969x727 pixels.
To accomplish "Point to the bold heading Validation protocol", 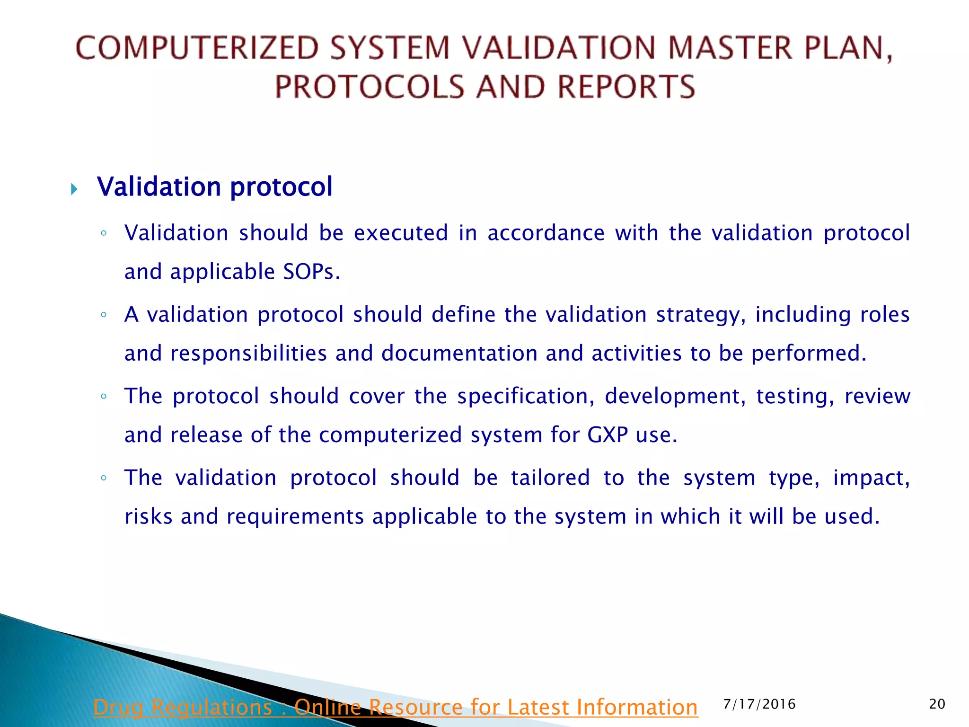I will click(215, 186).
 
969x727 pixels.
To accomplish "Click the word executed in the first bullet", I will click(401, 233).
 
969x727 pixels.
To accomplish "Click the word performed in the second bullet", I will click(809, 354).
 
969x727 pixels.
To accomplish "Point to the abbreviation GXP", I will click(608, 435).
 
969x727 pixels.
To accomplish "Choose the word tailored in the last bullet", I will click(550, 478).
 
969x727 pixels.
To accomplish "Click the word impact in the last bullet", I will click(871, 478).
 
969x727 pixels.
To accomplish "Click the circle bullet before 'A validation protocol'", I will click(104, 315).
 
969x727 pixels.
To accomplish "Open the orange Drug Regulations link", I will click(396, 707).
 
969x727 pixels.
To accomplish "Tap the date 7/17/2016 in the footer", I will click(759, 704).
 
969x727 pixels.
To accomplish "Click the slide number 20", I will click(937, 704).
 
